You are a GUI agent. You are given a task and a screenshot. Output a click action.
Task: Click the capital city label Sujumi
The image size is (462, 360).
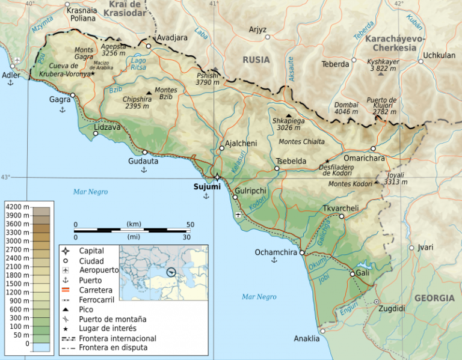207,187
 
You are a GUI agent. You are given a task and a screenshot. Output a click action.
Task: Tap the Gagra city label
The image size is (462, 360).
60,99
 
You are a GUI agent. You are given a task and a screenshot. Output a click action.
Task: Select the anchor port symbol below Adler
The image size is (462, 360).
10,83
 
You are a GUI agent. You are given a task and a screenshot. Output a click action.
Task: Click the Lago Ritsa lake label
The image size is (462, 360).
138,64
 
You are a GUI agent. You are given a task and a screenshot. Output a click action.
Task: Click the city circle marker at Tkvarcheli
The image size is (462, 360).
341,216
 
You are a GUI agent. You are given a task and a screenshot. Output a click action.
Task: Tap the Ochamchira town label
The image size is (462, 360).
276,252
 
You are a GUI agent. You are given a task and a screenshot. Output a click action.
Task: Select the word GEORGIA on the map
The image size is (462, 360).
434,298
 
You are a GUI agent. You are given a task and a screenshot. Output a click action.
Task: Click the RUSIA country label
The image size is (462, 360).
256,59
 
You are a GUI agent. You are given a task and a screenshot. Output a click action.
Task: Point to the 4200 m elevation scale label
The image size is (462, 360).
17,206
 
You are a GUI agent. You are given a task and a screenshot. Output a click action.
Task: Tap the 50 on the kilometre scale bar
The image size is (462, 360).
190,224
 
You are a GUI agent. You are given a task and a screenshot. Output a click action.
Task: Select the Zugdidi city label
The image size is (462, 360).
392,308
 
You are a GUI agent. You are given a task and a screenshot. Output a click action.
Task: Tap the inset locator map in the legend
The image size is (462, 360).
164,272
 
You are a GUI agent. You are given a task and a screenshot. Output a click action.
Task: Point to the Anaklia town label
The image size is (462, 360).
307,339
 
